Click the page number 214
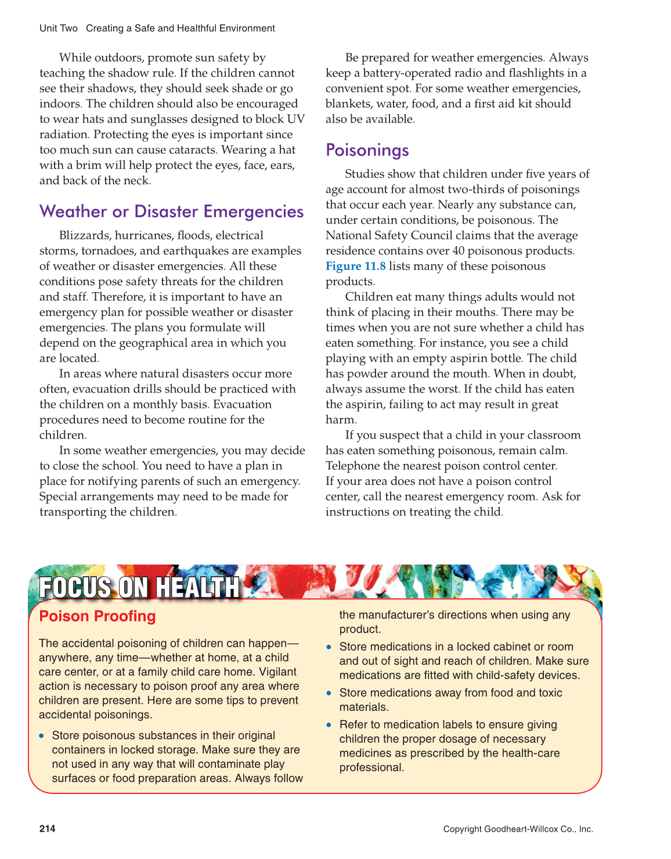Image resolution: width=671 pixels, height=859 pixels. (x=48, y=828)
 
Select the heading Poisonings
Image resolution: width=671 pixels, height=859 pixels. (x=367, y=150)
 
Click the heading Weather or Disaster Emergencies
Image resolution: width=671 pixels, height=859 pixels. (x=171, y=211)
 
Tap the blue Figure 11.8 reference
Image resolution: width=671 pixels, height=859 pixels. (x=355, y=266)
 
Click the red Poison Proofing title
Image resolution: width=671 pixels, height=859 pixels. (x=97, y=616)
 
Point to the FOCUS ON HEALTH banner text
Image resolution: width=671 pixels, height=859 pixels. (x=139, y=587)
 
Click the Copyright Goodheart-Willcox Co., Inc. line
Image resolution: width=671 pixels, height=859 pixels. (x=518, y=829)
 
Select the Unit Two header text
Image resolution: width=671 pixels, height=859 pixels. (x=58, y=28)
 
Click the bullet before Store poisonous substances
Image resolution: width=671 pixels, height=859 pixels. (x=42, y=736)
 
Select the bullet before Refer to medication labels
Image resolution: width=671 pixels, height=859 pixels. (x=329, y=725)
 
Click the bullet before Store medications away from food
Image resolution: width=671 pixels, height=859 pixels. (x=329, y=693)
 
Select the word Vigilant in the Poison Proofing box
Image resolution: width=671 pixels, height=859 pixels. (x=275, y=672)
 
